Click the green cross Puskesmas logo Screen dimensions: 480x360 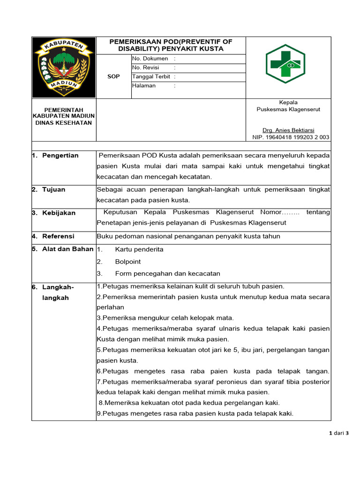pyautogui.click(x=285, y=64)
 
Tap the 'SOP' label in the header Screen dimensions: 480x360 pyautogui.click(x=113, y=76)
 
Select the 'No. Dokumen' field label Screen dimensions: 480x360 pyautogui.click(x=150, y=59)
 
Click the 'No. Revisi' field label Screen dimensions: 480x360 pyautogui.click(x=146, y=67)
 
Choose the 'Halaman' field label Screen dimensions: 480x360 pyautogui.click(x=144, y=86)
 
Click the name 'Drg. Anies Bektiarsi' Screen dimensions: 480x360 pyautogui.click(x=288, y=130)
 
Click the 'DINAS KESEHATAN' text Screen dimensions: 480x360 pyautogui.click(x=64, y=123)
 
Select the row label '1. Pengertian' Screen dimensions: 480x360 pyautogui.click(x=55, y=156)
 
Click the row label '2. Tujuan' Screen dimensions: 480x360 pyautogui.click(x=49, y=190)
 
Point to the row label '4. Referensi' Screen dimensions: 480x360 pyautogui.click(x=53, y=236)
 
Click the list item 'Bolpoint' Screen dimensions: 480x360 pyautogui.click(x=128, y=262)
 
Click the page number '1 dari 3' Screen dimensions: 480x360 pyautogui.click(x=339, y=433)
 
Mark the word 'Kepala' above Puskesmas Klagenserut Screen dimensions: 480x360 pyautogui.click(x=288, y=102)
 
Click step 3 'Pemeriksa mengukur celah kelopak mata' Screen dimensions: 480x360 pyautogui.click(x=165, y=318)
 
